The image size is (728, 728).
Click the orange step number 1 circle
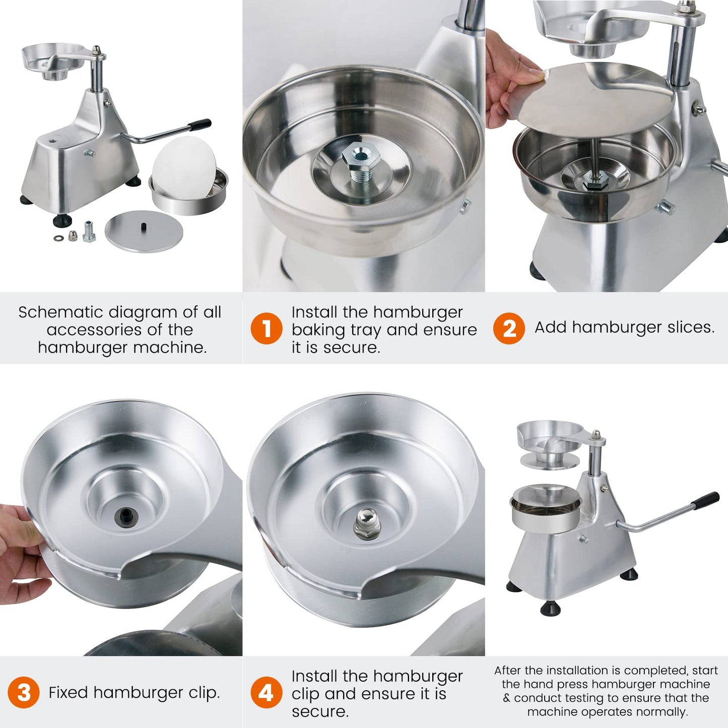coord(267,328)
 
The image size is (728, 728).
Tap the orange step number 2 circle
coord(509,328)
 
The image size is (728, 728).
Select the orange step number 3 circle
coord(23,692)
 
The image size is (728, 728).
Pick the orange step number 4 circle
coord(267,692)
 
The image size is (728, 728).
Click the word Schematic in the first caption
coord(60,312)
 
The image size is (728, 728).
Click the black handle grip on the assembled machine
coord(705,500)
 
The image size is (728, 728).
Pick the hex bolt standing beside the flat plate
coord(88,231)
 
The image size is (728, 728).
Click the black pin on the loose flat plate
coord(144,226)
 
